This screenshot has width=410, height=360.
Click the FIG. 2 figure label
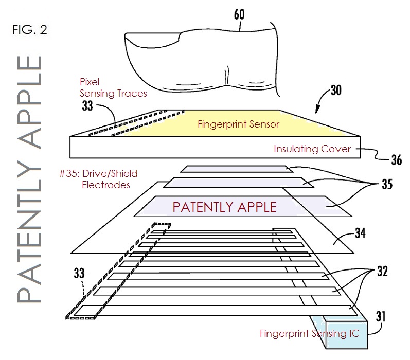pyautogui.click(x=29, y=29)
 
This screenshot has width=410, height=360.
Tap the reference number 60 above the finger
pyautogui.click(x=239, y=14)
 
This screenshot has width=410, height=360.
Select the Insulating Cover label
pyautogui.click(x=312, y=149)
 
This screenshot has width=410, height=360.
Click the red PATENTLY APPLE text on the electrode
pyautogui.click(x=224, y=207)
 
